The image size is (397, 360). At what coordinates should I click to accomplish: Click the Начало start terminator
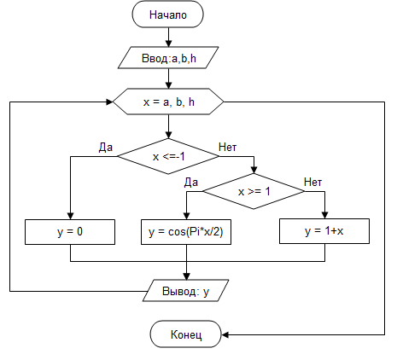click(167, 15)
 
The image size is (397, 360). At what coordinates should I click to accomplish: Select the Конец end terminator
click(186, 334)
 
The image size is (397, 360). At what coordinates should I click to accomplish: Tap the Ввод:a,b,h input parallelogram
click(168, 58)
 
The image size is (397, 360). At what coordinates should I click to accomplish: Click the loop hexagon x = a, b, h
click(168, 102)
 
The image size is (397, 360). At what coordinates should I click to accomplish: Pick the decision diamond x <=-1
click(168, 156)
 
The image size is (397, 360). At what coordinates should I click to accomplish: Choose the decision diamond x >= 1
click(254, 191)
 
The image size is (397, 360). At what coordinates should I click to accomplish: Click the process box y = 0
click(70, 232)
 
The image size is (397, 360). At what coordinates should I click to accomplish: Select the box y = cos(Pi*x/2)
click(186, 232)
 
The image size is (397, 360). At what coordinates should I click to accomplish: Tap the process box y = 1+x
click(324, 231)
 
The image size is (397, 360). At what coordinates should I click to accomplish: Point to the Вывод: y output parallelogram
click(186, 291)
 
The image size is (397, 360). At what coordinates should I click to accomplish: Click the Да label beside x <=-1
click(106, 148)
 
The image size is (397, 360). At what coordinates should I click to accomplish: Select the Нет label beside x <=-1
click(227, 147)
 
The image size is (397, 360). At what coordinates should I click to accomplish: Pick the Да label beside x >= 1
click(191, 183)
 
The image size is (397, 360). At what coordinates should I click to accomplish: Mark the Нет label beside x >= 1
click(312, 182)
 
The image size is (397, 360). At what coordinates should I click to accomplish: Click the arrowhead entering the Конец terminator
click(225, 334)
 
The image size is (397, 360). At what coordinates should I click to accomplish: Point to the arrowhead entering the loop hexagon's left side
click(109, 102)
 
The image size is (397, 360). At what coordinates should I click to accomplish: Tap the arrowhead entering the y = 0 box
click(70, 216)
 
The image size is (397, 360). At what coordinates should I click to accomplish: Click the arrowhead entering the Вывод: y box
click(186, 276)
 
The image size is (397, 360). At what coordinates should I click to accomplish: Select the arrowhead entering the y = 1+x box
click(324, 215)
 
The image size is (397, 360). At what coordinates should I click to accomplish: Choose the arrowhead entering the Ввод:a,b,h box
click(169, 44)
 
